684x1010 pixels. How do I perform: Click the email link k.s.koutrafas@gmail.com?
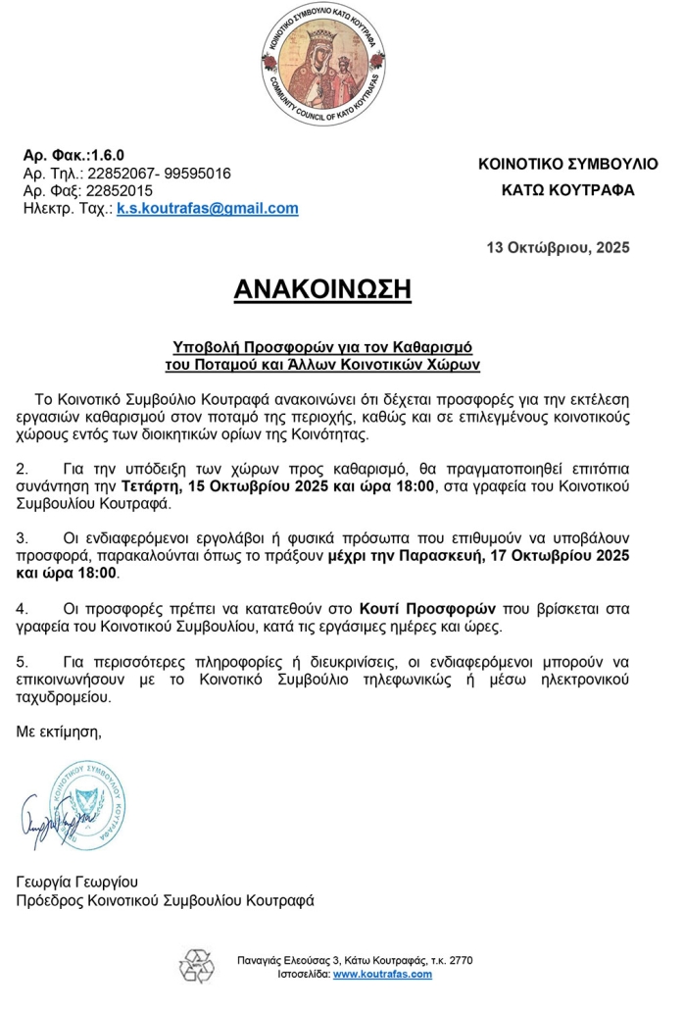tap(208, 209)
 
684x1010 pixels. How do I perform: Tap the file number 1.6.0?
tap(107, 155)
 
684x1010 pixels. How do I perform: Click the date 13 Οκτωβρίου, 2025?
tap(558, 247)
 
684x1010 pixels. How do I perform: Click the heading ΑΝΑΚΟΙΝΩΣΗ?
tap(322, 289)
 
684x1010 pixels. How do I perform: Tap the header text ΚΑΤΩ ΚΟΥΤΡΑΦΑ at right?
tap(567, 190)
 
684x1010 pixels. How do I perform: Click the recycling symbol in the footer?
tap(195, 966)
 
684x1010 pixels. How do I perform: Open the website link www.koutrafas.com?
tap(382, 975)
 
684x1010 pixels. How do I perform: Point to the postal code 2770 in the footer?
tap(460, 960)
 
